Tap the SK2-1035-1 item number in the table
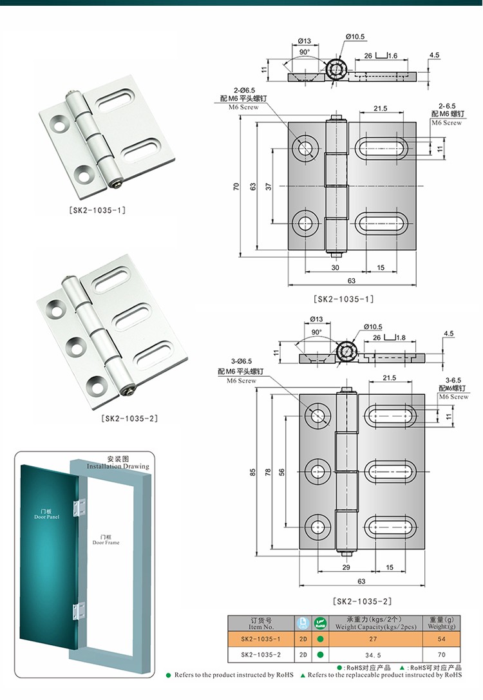pyautogui.click(x=260, y=639)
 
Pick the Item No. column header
pyautogui.click(x=261, y=623)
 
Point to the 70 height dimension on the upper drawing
pyautogui.click(x=237, y=186)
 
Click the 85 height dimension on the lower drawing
pyautogui.click(x=253, y=472)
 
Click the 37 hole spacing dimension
pyautogui.click(x=269, y=186)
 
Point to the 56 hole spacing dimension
pyautogui.click(x=281, y=472)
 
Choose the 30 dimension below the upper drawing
pyautogui.click(x=336, y=267)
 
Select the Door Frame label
pyautogui.click(x=106, y=540)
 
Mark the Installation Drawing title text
pyautogui.click(x=118, y=463)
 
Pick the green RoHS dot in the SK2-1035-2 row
pyautogui.click(x=319, y=654)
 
